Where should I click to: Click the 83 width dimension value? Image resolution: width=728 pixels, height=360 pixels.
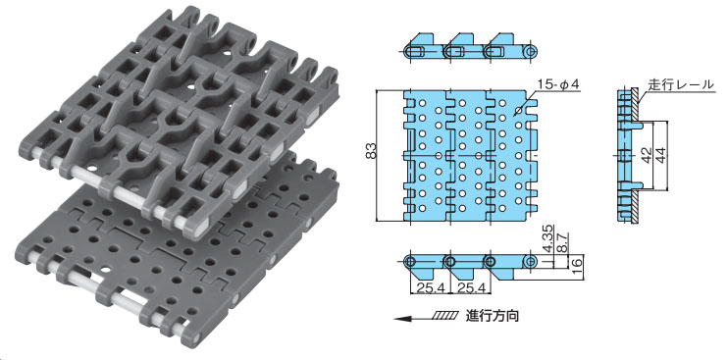371,151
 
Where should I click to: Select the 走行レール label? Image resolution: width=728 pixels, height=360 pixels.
681,84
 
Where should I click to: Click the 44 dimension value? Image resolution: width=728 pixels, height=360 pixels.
660,155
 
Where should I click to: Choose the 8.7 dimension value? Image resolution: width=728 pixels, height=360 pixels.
561,242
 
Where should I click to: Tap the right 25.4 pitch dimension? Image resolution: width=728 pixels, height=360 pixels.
471,288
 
